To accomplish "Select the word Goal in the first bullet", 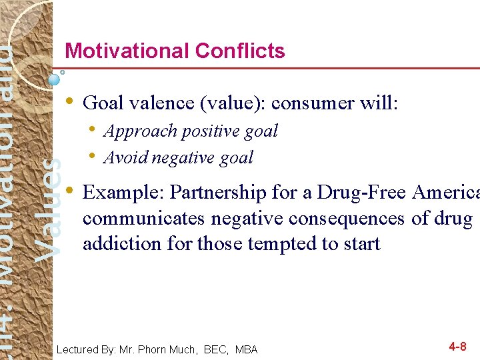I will [x=102, y=103].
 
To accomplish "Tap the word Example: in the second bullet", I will [x=123, y=193].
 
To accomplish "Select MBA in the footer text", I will [x=246, y=349].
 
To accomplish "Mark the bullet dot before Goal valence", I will [x=70, y=101].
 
